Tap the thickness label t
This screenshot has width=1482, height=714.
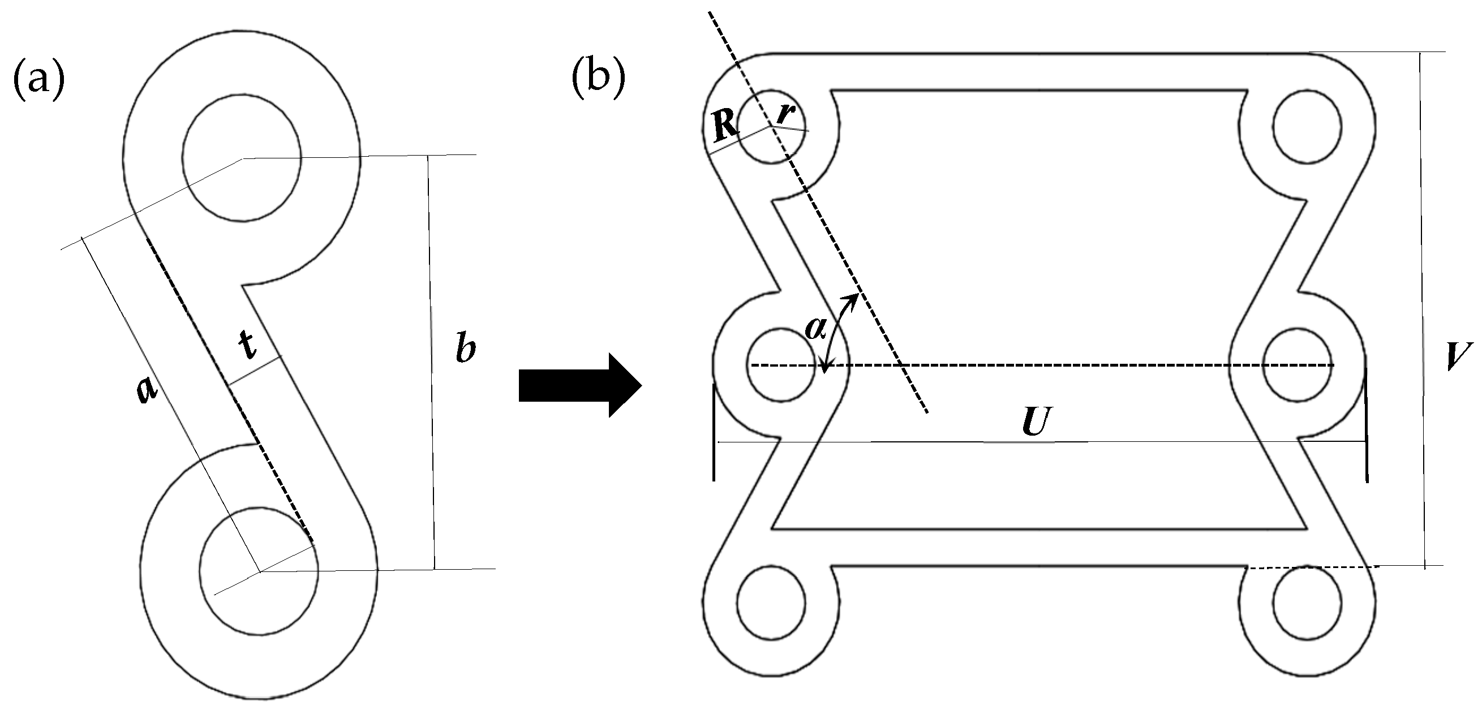248,346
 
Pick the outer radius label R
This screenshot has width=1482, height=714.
725,127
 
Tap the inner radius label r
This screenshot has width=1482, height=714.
785,115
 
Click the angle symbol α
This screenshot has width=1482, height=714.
816,329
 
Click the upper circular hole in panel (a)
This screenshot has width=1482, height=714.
242,155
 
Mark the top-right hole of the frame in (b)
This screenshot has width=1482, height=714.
1307,128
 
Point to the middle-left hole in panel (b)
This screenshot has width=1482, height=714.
780,365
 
